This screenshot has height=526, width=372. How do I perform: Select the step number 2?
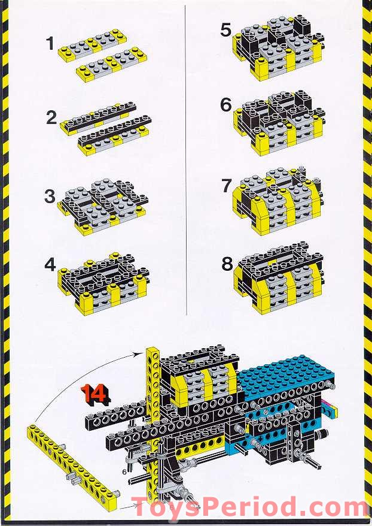pyautogui.click(x=51, y=118)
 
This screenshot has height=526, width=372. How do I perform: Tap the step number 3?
pyautogui.click(x=51, y=197)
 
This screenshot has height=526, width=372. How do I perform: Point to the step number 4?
pyautogui.click(x=51, y=264)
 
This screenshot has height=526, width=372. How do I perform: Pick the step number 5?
pyautogui.click(x=225, y=30)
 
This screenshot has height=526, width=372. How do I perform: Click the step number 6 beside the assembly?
pyautogui.click(x=225, y=105)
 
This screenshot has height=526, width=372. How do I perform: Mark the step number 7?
pyautogui.click(x=226, y=186)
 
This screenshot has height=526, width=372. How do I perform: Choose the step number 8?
pyautogui.click(x=227, y=264)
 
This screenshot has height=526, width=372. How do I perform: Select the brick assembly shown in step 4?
pyautogui.click(x=103, y=276)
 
